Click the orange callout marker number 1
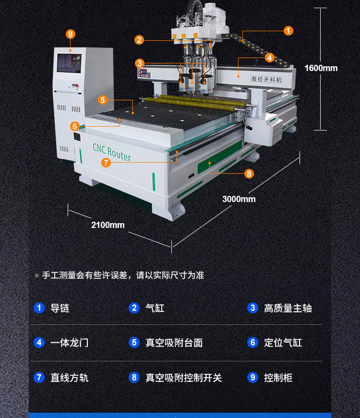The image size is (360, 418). point(288,31)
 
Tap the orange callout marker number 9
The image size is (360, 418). point(71,34)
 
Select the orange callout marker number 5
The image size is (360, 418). point(102,100)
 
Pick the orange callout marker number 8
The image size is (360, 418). point(249,174)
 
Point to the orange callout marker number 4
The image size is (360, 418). point(270,58)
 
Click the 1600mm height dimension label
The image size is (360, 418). point(321,68)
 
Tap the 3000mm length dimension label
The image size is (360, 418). point(239,199)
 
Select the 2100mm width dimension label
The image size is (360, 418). point(108,225)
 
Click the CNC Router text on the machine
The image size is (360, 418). point(111,152)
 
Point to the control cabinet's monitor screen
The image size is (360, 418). point(69,63)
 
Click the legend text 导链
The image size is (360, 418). point(60,308)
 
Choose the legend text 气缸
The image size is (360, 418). point(155,308)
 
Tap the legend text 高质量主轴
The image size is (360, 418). point(288,308)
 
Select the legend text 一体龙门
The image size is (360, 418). point(70,343)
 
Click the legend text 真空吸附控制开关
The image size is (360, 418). point(184,378)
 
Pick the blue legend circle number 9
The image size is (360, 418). point(253,377)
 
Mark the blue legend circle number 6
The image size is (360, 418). point(253,342)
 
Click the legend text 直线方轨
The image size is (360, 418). point(70,378)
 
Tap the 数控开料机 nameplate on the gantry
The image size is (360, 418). point(267,79)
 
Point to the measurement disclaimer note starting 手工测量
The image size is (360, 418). point(123,275)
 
